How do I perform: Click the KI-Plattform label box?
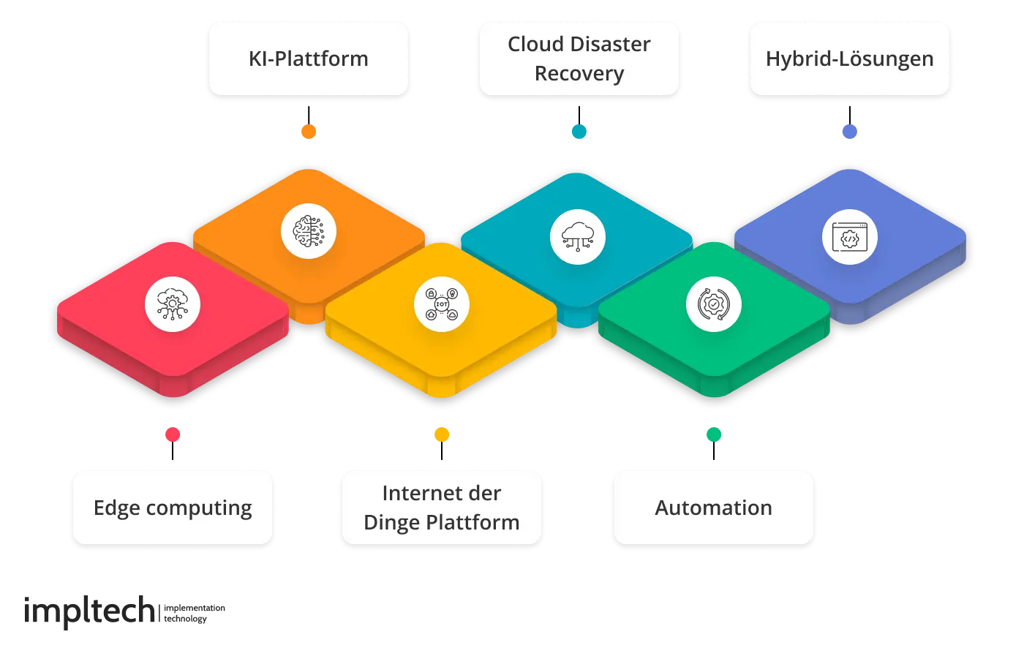pyautogui.click(x=308, y=59)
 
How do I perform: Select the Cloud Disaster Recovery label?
pyautogui.click(x=579, y=59)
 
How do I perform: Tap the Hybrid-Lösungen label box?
pyautogui.click(x=849, y=59)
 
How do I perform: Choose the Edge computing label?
pyautogui.click(x=173, y=508)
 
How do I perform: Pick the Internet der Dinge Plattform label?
pyautogui.click(x=441, y=508)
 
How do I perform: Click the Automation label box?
pyautogui.click(x=713, y=508)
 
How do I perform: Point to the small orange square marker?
pyautogui.click(x=309, y=132)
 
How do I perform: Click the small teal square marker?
pyautogui.click(x=579, y=132)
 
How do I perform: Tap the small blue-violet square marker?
pyautogui.click(x=849, y=132)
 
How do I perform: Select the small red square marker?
pyautogui.click(x=173, y=435)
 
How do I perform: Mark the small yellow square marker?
pyautogui.click(x=442, y=435)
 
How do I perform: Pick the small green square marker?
pyautogui.click(x=714, y=435)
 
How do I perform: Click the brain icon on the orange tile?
pyautogui.click(x=309, y=232)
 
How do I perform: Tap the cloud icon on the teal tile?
pyautogui.click(x=578, y=236)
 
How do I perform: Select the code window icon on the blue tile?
pyautogui.click(x=849, y=237)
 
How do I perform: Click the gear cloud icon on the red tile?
pyautogui.click(x=173, y=304)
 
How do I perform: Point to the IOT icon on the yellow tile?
pyautogui.click(x=442, y=304)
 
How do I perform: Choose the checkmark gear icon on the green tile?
pyautogui.click(x=714, y=304)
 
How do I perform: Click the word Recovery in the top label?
pyautogui.click(x=579, y=74)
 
